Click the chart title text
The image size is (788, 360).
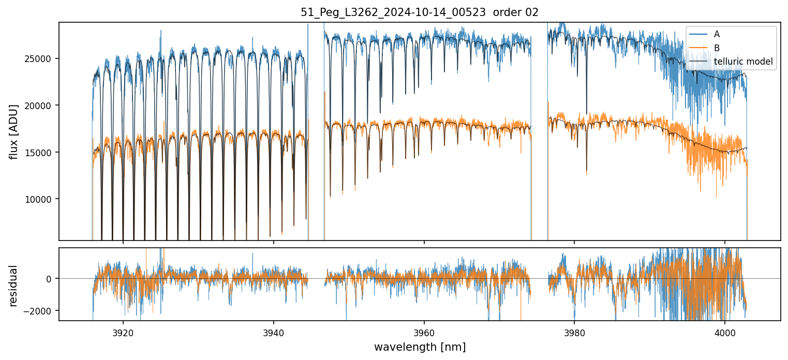pos(420,12)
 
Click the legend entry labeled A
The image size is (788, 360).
pos(717,34)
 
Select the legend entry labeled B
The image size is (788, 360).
pos(717,48)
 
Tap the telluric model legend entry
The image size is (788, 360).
pos(743,62)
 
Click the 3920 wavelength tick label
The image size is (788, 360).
pos(123,331)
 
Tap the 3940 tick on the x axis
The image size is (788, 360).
pos(274,331)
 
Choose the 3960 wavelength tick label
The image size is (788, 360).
pos(424,331)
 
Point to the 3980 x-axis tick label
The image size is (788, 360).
pos(574,331)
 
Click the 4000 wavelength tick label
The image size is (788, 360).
pos(725,331)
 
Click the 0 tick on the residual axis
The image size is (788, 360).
pos(49,279)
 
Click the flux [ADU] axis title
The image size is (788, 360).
pos(14,131)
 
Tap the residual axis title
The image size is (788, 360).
pos(14,285)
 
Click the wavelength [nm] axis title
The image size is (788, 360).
pos(420,347)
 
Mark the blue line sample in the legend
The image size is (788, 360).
pos(699,34)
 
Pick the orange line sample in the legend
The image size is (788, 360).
pos(699,48)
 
